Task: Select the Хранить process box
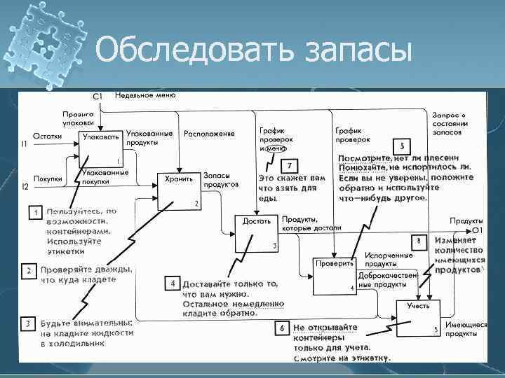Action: coord(180,188)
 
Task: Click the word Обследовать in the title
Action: coord(189,50)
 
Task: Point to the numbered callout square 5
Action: coord(401,147)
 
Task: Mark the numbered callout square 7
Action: coord(290,166)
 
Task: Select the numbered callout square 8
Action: coord(418,241)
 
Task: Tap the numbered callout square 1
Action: coord(33,211)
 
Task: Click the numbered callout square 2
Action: coord(29,269)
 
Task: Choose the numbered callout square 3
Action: coord(27,323)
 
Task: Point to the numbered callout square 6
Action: coord(281,327)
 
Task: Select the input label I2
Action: coord(25,186)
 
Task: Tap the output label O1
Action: coord(477,230)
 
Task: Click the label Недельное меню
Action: coord(146,94)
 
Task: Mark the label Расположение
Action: coord(209,133)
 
